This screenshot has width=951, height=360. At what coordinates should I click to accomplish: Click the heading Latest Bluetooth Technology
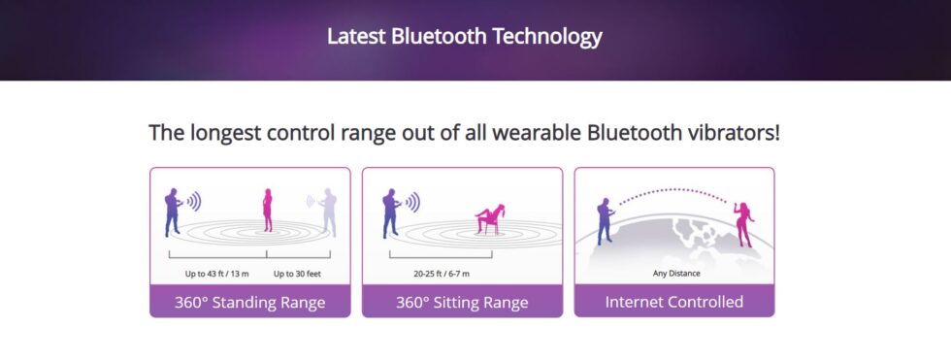(464, 36)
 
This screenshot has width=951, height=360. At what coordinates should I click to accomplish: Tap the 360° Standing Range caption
(250, 303)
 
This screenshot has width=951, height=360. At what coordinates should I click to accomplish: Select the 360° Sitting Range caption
(462, 303)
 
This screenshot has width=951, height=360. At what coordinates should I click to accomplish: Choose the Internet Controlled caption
(674, 302)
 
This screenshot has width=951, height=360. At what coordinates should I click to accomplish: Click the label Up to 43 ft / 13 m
(217, 274)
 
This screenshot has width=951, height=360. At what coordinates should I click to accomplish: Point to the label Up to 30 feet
(297, 274)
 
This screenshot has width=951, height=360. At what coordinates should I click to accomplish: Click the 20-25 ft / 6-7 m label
(442, 274)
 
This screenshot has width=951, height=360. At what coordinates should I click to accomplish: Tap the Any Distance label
(676, 274)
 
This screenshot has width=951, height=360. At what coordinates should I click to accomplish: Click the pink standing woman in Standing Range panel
(268, 210)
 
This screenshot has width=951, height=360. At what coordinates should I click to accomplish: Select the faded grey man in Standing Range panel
(329, 213)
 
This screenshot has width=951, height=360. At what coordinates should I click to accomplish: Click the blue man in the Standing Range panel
(173, 213)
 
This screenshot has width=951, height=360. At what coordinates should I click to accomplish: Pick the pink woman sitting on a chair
(491, 218)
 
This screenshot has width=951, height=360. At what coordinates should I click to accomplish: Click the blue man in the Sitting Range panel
(391, 213)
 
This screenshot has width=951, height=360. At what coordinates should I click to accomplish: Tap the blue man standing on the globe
(606, 221)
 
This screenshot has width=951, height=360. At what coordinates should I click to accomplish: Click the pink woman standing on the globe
(744, 224)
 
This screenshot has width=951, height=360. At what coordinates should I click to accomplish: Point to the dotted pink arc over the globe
(672, 190)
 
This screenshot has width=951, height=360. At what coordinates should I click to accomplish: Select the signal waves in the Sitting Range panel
(411, 202)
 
